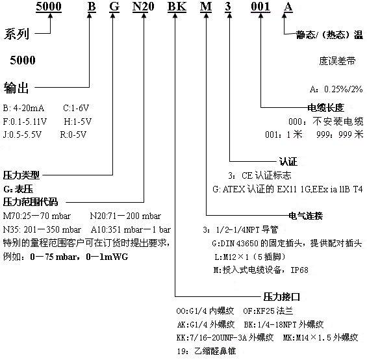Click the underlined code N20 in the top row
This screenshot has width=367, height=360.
[x=144, y=6]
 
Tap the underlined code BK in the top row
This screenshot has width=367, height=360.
[x=177, y=6]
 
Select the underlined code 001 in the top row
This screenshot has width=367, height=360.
[x=260, y=6]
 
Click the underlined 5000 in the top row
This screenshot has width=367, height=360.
[x=49, y=6]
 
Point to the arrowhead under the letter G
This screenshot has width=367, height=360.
[x=113, y=15]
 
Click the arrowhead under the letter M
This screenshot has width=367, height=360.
[x=206, y=15]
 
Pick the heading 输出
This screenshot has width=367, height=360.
[x=16, y=88]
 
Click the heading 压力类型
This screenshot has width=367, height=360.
[x=21, y=175]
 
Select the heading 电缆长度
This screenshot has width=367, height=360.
[x=325, y=108]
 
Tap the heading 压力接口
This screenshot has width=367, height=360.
[x=281, y=297]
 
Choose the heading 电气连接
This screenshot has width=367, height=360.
[x=306, y=216]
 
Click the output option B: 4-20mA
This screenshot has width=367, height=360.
[x=23, y=108]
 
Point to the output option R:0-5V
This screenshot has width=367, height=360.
[x=73, y=135]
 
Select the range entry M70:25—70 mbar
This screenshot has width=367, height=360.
[x=37, y=216]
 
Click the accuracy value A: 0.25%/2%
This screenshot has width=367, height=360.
[x=336, y=89]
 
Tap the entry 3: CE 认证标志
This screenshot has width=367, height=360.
[x=260, y=175]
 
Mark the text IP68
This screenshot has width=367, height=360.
[x=299, y=270]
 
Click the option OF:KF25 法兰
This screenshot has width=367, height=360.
[x=268, y=311]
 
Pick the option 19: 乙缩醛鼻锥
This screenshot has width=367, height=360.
[x=207, y=351]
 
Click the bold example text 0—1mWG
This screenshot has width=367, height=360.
[x=107, y=257]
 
